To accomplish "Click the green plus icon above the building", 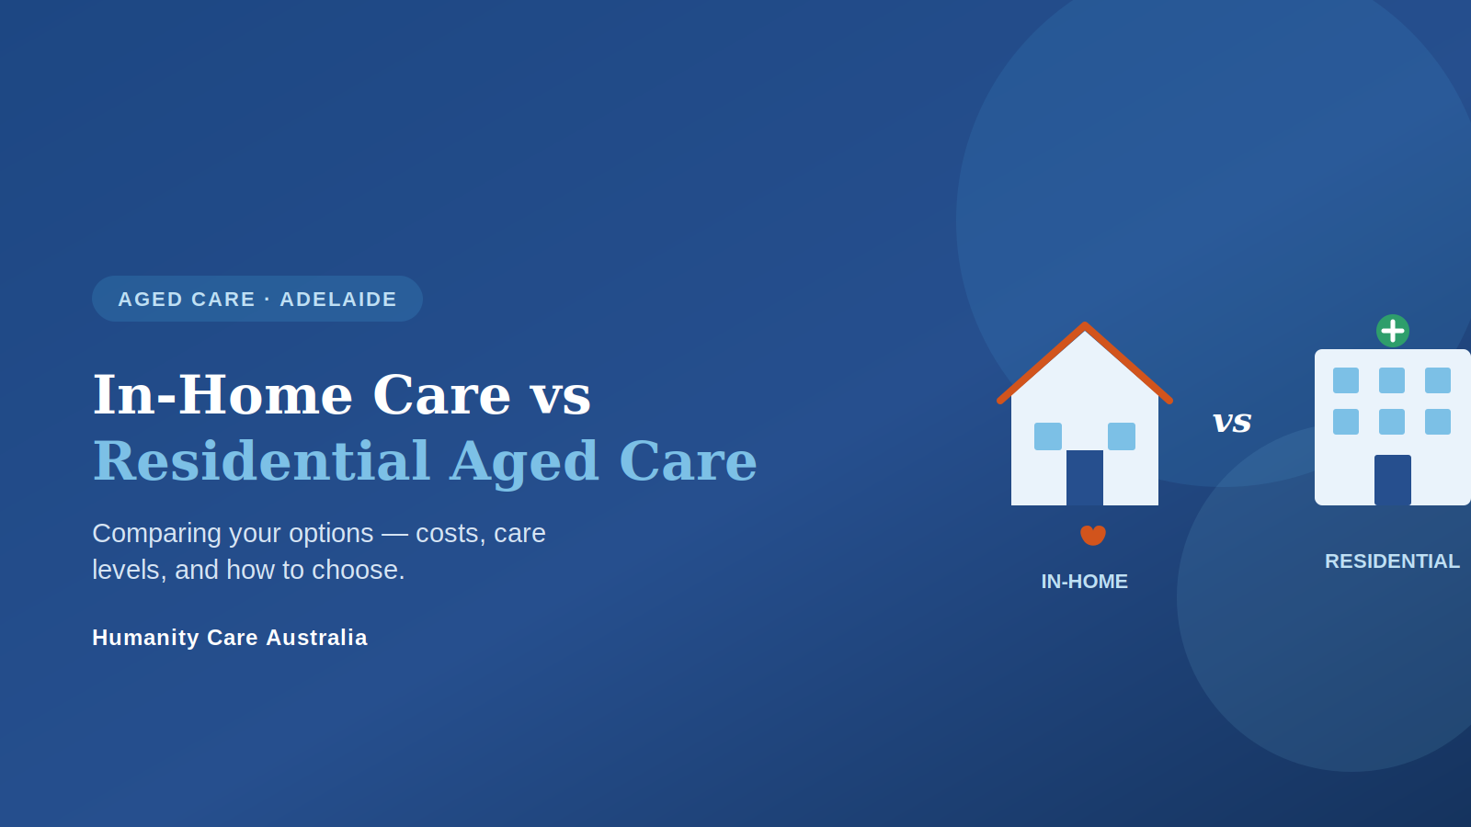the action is (1392, 331).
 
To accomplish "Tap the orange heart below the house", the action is (1093, 535).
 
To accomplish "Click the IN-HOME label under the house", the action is (1084, 582).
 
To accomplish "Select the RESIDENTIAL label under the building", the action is (1392, 561).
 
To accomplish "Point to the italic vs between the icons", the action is (1232, 422).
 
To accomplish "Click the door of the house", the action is (1084, 478).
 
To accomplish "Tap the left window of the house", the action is (1048, 436).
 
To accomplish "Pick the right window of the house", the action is (1122, 436).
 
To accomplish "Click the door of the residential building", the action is (1393, 480).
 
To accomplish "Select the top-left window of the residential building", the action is (1346, 380).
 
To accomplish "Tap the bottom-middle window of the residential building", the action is (1392, 422).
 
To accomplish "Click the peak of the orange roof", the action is (1085, 325).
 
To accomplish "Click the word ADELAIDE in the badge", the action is (338, 300).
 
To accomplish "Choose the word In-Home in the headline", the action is (223, 395).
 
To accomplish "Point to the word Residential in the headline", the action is (261, 460).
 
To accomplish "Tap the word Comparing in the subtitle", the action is (166, 534).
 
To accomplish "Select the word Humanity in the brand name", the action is (146, 638).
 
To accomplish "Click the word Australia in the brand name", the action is (316, 638).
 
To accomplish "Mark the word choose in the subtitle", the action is (358, 570).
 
